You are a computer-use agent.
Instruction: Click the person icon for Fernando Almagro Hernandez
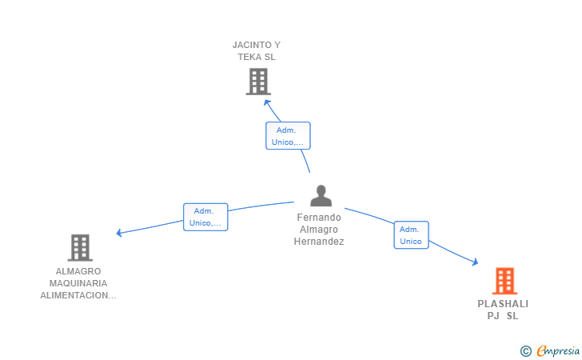[x=321, y=196]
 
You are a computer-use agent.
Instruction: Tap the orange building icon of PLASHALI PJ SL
[x=504, y=281]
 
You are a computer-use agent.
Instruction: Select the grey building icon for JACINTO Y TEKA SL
[x=257, y=82]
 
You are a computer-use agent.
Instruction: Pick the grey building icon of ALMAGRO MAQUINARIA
[x=80, y=248]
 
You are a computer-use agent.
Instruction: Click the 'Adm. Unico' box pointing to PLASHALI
[x=411, y=235]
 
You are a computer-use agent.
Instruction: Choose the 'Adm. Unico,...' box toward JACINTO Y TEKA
[x=288, y=136]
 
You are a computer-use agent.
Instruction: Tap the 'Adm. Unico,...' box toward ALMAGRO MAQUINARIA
[x=205, y=217]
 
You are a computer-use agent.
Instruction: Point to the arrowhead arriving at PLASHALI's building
[x=475, y=262]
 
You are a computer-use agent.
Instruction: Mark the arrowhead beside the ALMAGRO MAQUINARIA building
[x=119, y=233]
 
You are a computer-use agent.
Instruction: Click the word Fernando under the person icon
[x=319, y=218]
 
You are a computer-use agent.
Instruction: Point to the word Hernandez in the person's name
[x=319, y=242]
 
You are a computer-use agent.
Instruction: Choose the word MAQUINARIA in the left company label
[x=78, y=283]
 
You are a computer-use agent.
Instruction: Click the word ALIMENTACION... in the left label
[x=78, y=295]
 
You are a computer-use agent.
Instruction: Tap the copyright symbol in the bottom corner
[x=525, y=350]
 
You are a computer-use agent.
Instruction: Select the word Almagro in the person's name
[x=319, y=230]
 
